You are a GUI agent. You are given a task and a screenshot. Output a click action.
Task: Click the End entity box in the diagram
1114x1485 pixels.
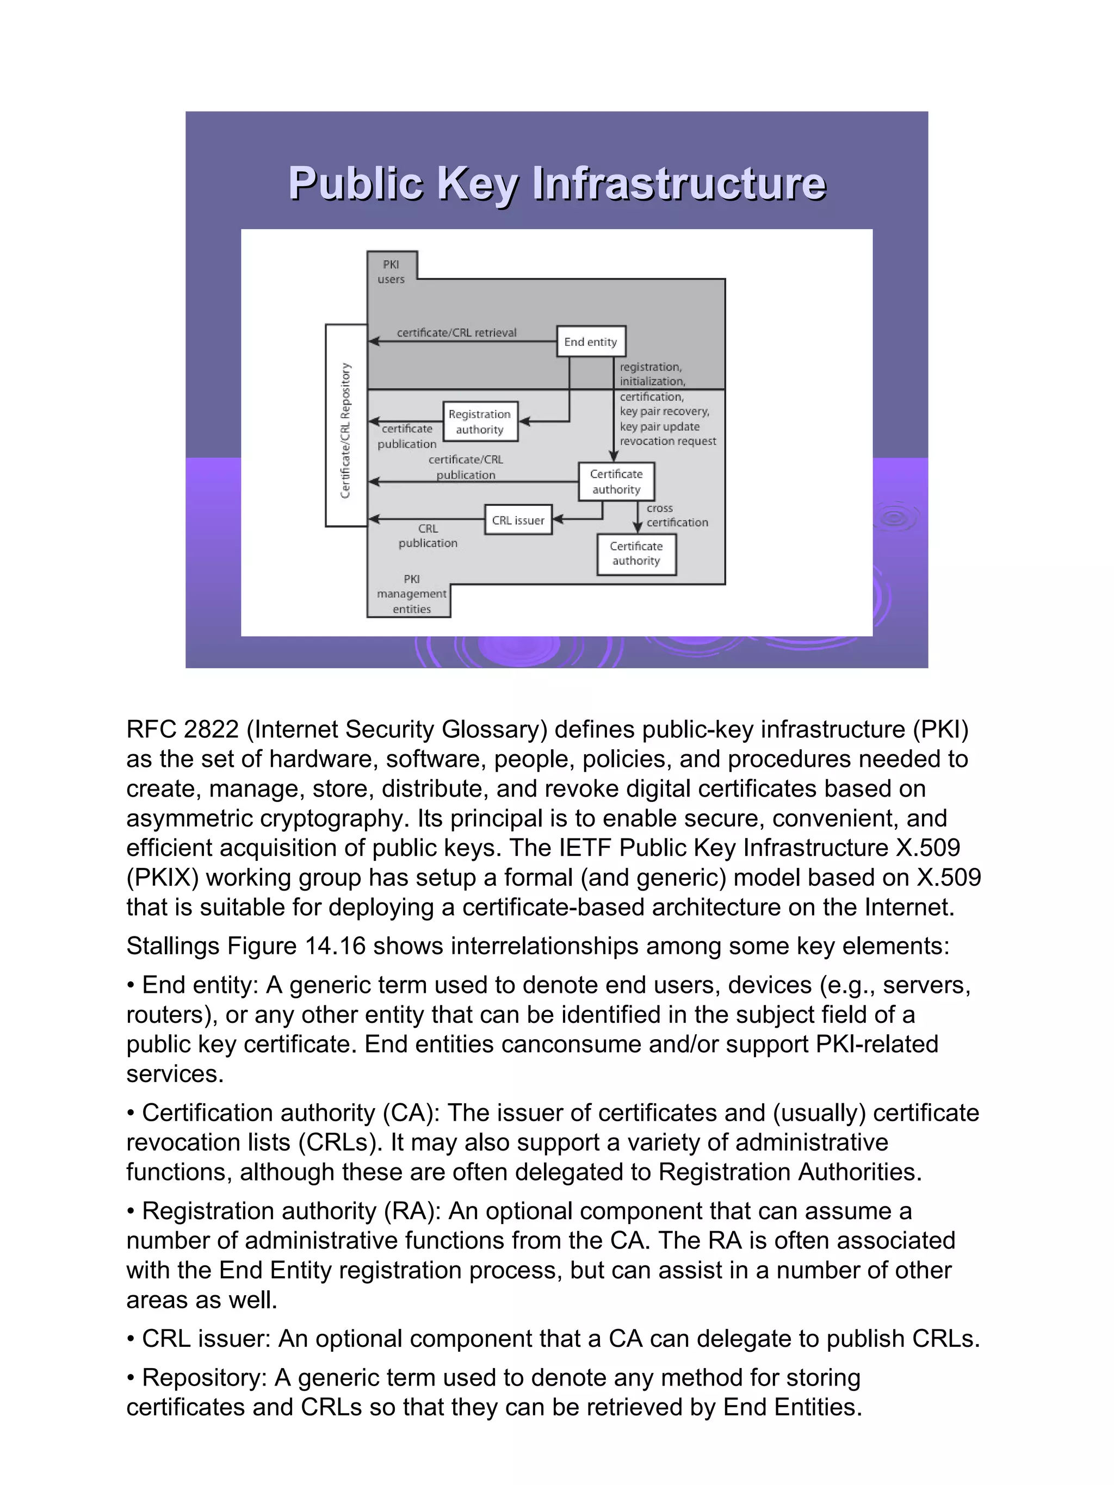pos(590,341)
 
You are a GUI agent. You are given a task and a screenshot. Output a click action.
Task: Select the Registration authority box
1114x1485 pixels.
pos(479,421)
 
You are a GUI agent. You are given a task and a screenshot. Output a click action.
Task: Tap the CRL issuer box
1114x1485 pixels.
pos(518,520)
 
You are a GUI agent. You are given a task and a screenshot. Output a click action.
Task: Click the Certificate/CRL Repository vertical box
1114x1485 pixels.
pos(346,426)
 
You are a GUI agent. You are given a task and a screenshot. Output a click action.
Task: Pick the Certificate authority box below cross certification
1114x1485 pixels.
pos(636,554)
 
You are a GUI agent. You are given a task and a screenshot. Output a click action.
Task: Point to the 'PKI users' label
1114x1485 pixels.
pos(391,272)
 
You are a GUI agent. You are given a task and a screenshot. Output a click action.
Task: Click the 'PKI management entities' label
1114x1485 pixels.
pos(412,594)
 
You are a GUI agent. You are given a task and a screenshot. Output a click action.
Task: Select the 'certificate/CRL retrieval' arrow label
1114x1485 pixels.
pos(456,332)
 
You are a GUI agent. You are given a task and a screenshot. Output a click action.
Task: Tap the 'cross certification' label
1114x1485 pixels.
pos(676,515)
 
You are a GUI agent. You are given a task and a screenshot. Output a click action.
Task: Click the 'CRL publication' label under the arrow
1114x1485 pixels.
pos(428,536)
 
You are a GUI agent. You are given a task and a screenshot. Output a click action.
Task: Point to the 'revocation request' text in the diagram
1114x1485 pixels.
pos(667,441)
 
